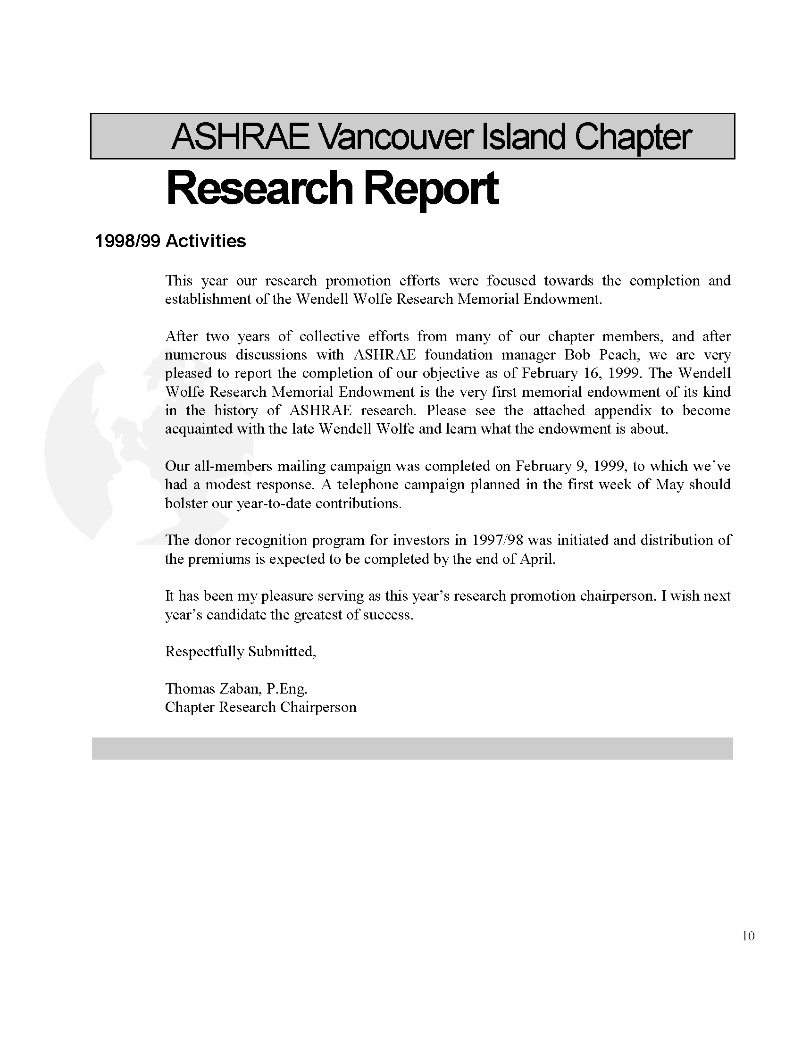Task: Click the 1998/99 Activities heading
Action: click(171, 242)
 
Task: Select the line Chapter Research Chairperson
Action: click(260, 707)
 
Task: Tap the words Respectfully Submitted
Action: click(240, 651)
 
